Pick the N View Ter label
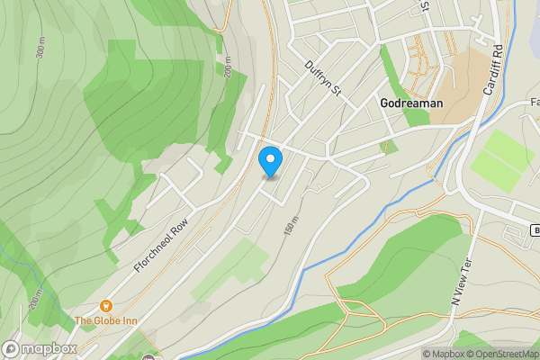pyautogui.click(x=462, y=283)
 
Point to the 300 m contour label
pyautogui.click(x=40, y=49)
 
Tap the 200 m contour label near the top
pyautogui.click(x=228, y=67)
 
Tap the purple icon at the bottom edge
pyautogui.click(x=148, y=357)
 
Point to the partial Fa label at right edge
pyautogui.click(x=533, y=103)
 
